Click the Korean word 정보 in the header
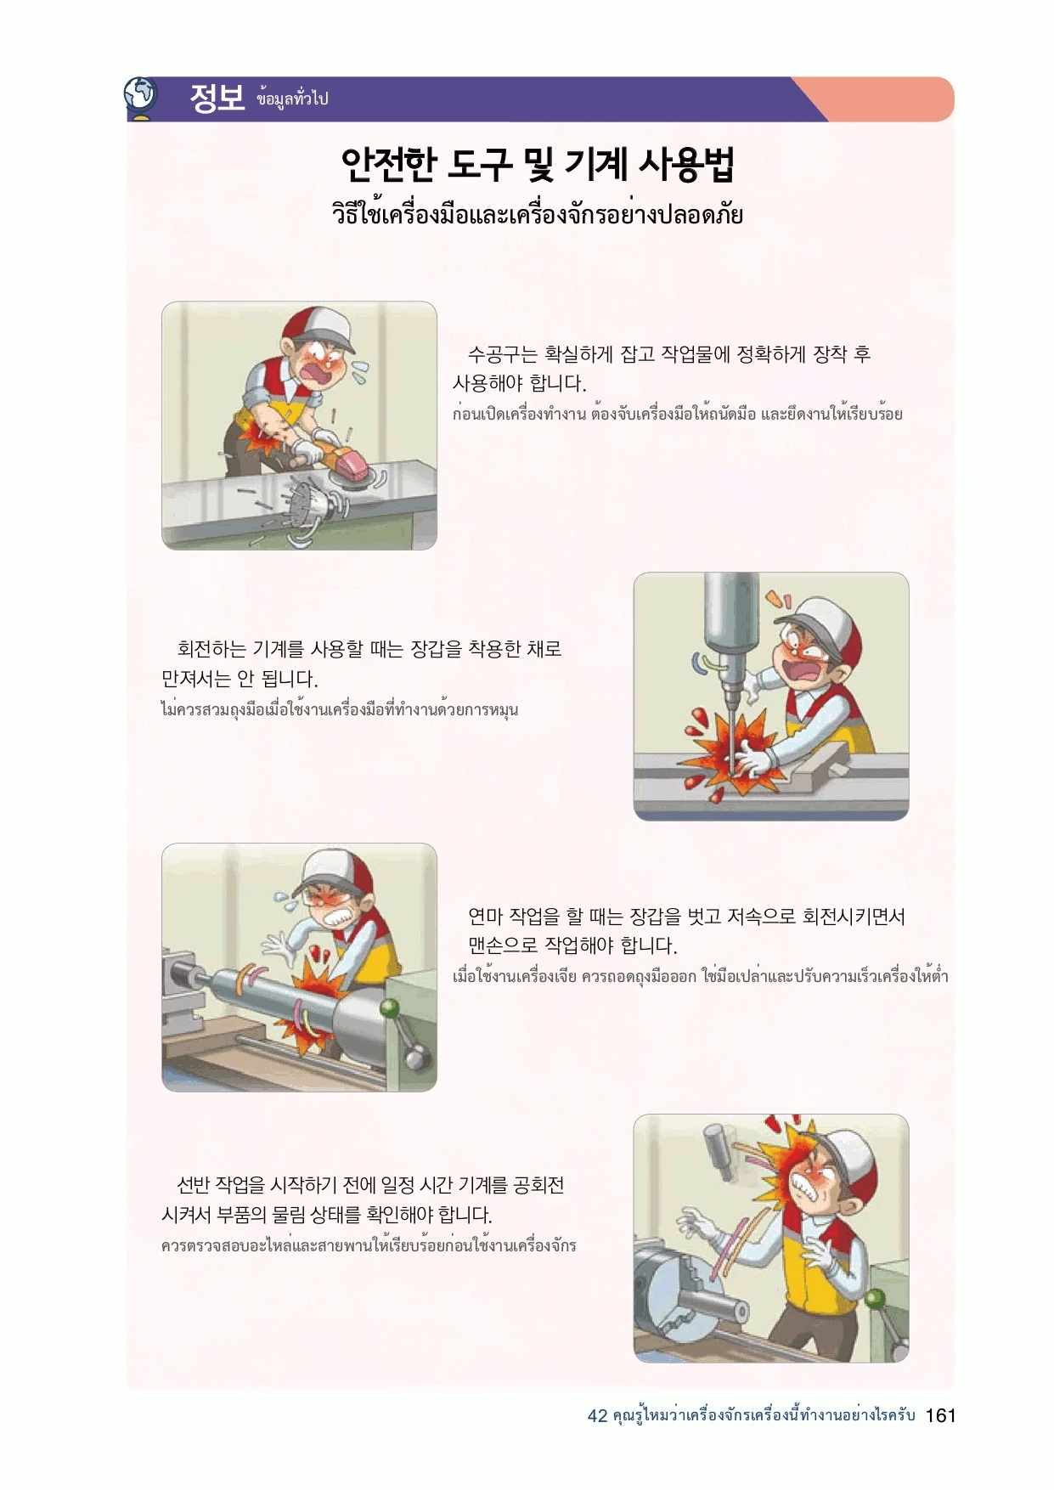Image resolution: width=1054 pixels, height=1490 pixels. [x=217, y=98]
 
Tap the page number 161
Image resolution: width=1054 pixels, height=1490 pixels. [x=941, y=1415]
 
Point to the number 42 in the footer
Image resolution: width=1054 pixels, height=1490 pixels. [x=597, y=1416]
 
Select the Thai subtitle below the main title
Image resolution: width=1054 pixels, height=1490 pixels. [x=538, y=213]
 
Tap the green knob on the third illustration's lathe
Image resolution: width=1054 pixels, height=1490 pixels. [x=390, y=1009]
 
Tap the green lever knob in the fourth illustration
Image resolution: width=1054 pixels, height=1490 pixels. [x=875, y=1300]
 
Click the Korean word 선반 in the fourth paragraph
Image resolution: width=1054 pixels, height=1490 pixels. [x=193, y=1184]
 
